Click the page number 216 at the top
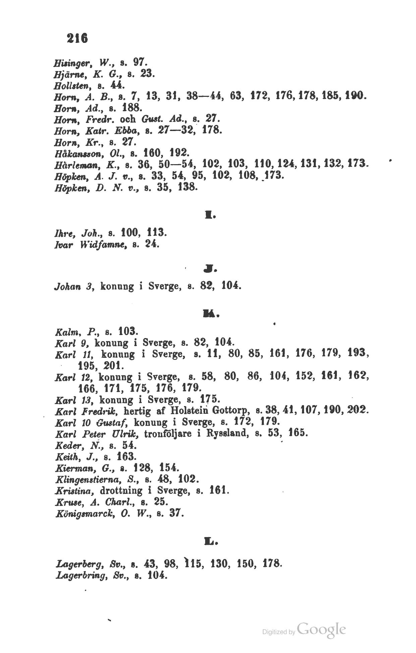(77, 38)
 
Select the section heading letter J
(211, 268)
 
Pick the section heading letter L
(211, 540)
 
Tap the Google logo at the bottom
(321, 629)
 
